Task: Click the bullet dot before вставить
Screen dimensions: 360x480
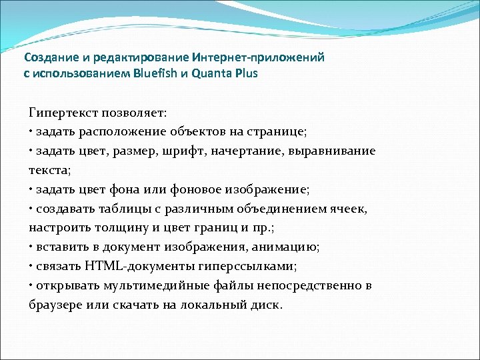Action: (x=31, y=247)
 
